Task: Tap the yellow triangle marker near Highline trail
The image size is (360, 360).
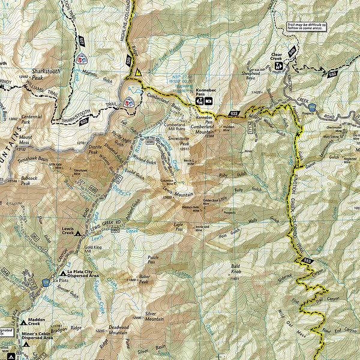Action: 139,72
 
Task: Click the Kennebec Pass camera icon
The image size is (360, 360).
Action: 208,101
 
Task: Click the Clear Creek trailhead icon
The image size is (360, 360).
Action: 278,65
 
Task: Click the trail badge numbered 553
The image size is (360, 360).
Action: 308,260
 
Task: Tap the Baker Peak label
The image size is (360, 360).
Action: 143,279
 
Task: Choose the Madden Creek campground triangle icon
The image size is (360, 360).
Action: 24,322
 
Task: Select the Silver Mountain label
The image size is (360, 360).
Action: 154,316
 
